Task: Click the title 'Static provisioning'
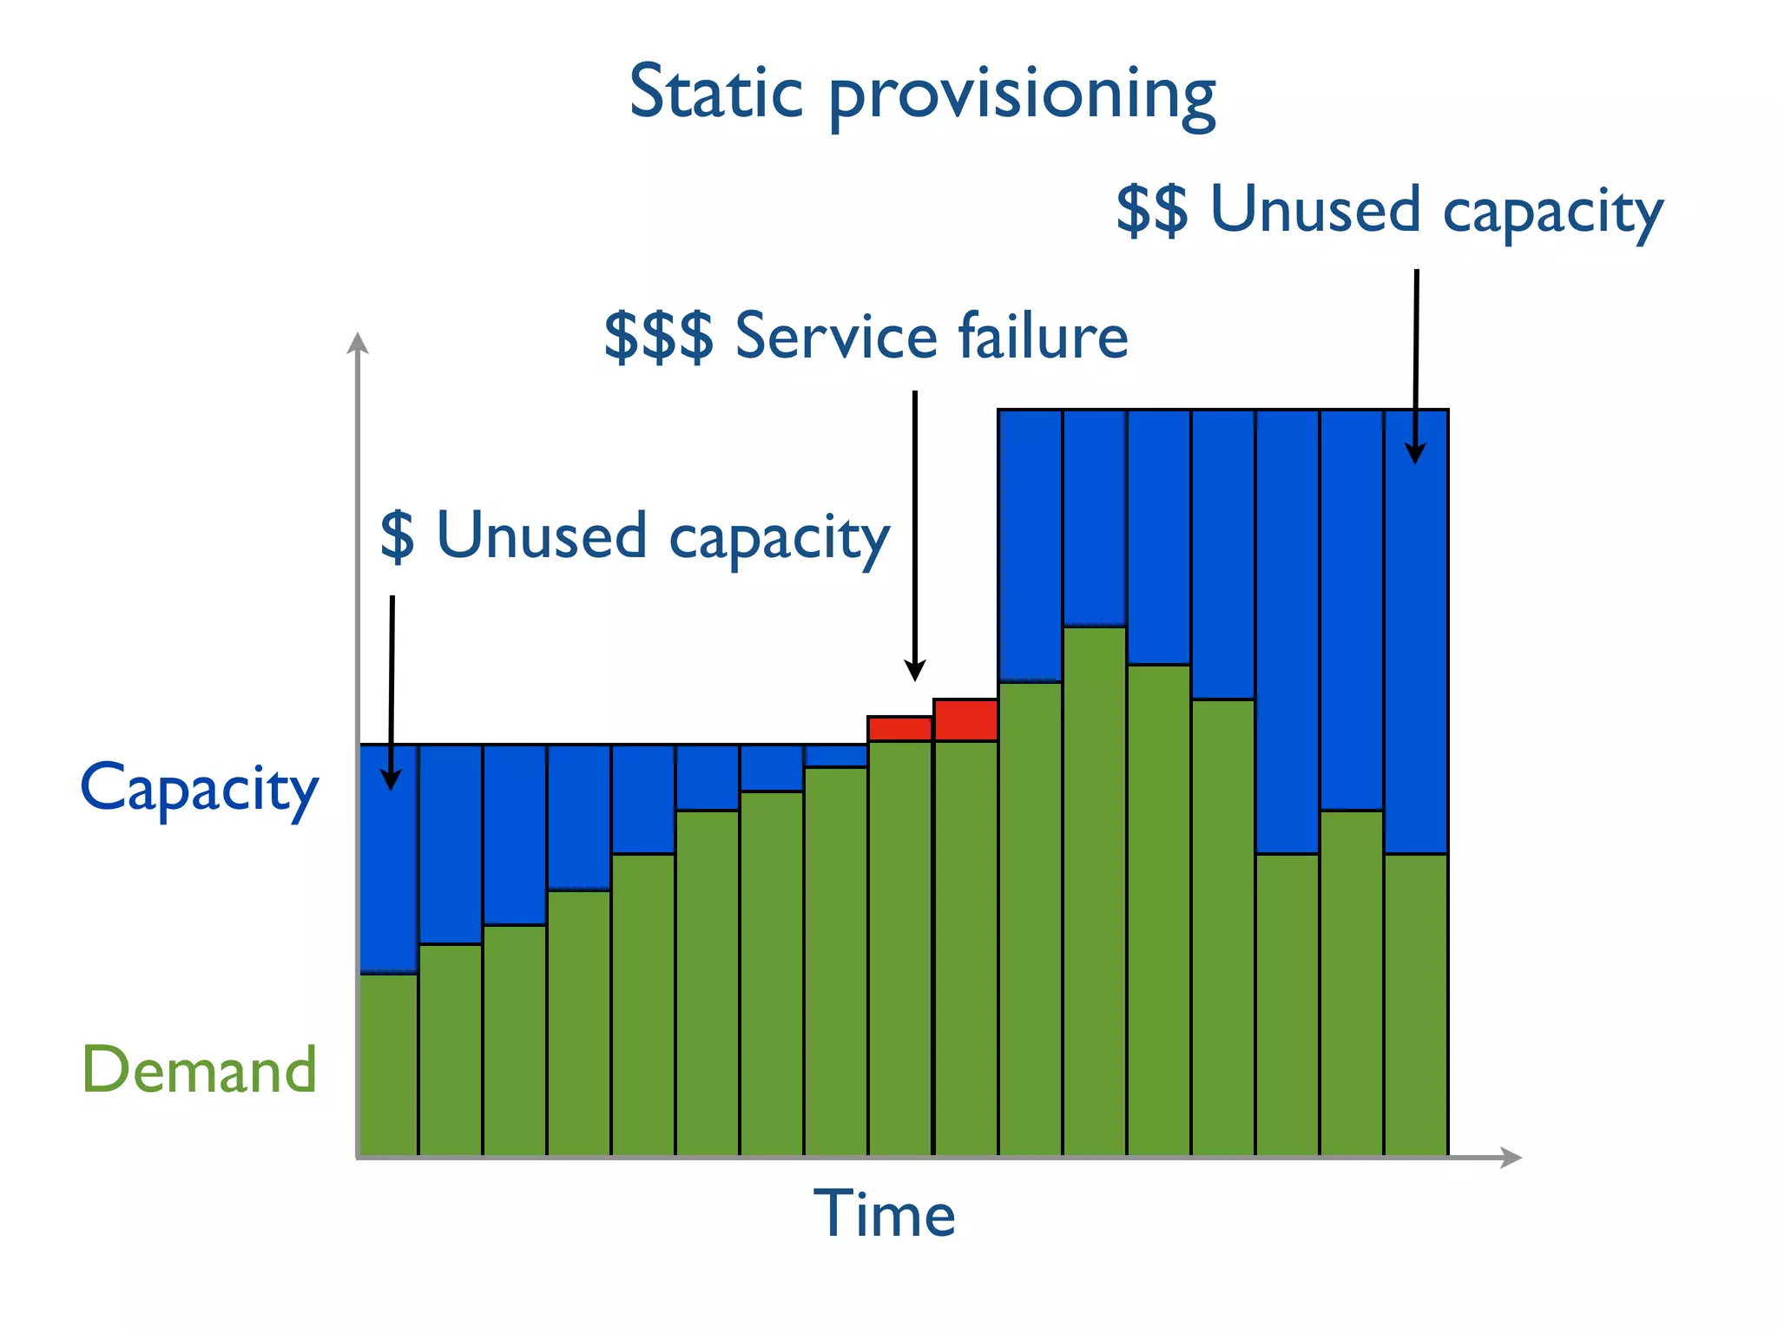coord(922,94)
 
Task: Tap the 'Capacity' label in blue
coord(200,788)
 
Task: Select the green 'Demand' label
coord(200,1069)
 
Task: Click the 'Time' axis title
coord(884,1213)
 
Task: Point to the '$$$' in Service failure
coord(658,336)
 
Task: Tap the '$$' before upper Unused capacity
coord(1151,210)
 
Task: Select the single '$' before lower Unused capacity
coord(398,535)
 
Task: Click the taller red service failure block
coord(965,719)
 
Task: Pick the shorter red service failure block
coord(900,729)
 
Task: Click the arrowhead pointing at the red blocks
coord(915,671)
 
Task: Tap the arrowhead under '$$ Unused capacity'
coord(1415,453)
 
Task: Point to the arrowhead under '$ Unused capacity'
coord(392,779)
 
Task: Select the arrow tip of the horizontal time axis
coord(1512,1157)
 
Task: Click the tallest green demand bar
coord(1095,890)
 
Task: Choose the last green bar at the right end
coord(1416,1004)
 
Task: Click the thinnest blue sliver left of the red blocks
coord(836,756)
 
